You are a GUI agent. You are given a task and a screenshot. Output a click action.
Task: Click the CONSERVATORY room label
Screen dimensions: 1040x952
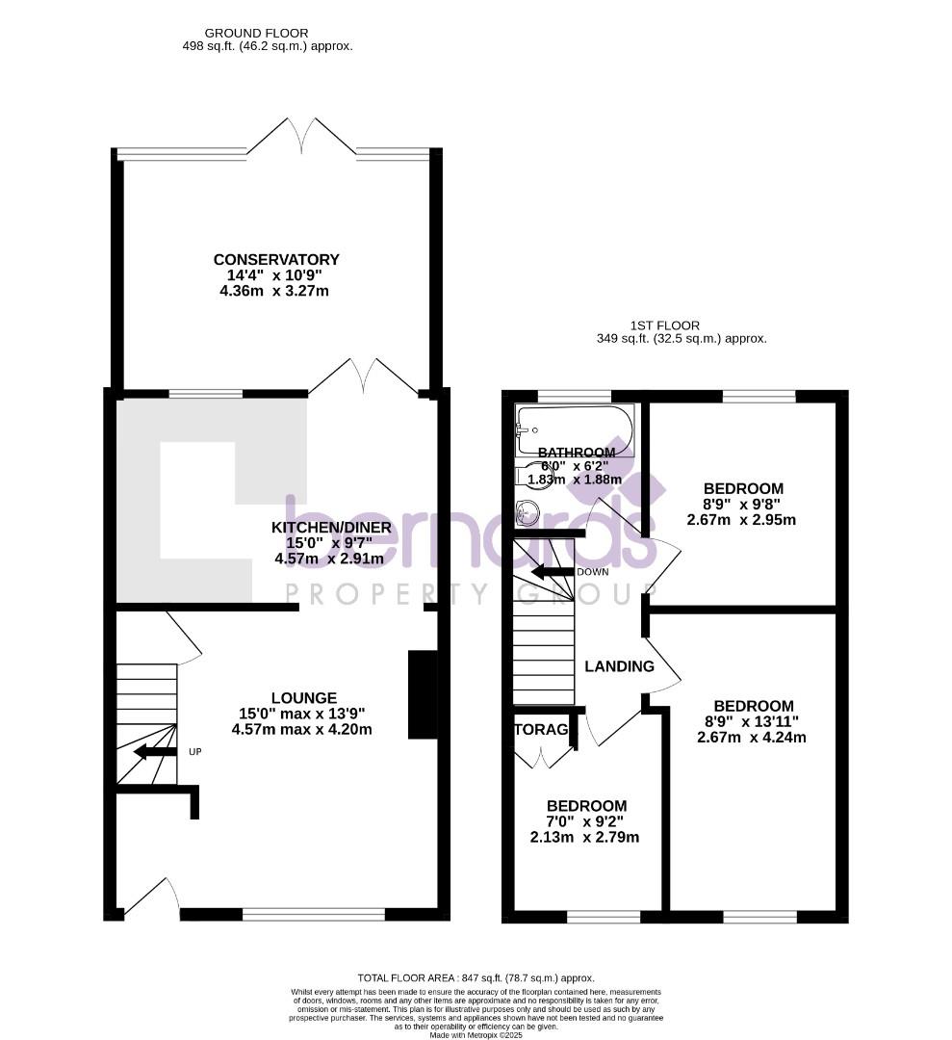pyautogui.click(x=276, y=260)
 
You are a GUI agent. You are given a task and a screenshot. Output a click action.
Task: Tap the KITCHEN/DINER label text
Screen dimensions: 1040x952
pyautogui.click(x=331, y=528)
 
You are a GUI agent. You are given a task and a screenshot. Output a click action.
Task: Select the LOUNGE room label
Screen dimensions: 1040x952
pyautogui.click(x=303, y=698)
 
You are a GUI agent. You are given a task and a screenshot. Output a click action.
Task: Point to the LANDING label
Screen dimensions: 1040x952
pyautogui.click(x=619, y=666)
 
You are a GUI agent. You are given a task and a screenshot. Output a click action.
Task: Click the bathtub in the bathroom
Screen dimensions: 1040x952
pyautogui.click(x=575, y=429)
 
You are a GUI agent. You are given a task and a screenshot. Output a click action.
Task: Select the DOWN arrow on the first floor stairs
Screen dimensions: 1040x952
pyautogui.click(x=552, y=572)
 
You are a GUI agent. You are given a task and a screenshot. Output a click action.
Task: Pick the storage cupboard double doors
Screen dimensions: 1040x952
pyautogui.click(x=544, y=756)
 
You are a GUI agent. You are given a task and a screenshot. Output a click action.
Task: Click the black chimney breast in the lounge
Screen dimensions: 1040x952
pyautogui.click(x=422, y=694)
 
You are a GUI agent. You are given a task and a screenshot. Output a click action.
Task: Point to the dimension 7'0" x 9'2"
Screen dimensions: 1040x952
pyautogui.click(x=585, y=822)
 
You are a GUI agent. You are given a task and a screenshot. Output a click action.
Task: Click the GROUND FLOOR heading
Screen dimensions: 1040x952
pyautogui.click(x=244, y=33)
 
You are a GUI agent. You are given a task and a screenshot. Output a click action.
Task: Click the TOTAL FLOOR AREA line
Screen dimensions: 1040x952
pyautogui.click(x=476, y=976)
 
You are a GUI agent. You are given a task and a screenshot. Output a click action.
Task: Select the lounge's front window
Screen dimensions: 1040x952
pyautogui.click(x=313, y=914)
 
